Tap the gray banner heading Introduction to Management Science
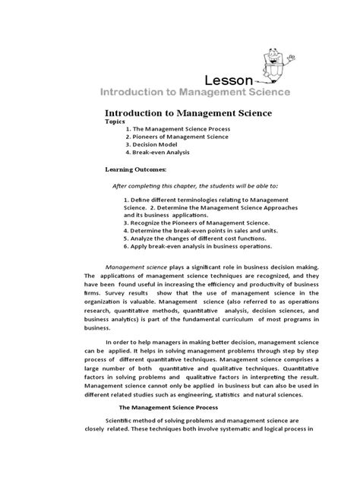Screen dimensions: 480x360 tap(191, 93)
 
